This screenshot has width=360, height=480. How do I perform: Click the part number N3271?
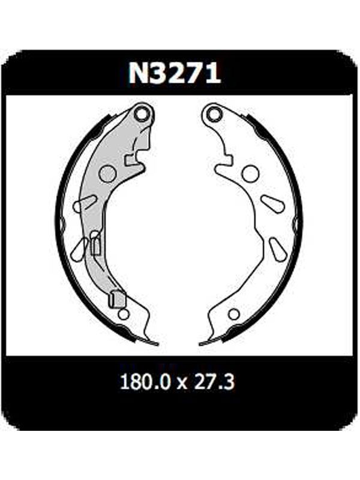(175, 73)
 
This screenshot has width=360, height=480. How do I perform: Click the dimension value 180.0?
(145, 382)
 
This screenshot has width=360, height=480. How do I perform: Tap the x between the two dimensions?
(182, 383)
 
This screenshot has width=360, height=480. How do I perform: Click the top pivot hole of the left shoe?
(142, 115)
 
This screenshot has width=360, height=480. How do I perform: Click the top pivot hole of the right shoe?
(214, 114)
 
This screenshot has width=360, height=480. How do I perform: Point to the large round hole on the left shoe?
(108, 174)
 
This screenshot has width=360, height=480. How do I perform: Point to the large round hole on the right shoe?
(251, 173)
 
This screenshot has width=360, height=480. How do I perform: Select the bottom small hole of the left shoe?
(124, 314)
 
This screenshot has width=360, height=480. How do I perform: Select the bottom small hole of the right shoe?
(234, 314)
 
